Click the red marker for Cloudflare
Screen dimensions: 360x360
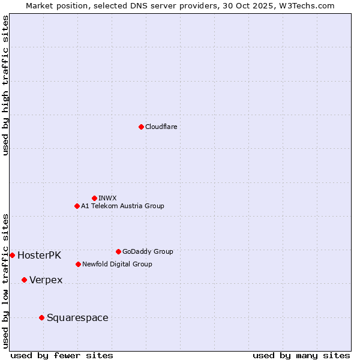click(141, 127)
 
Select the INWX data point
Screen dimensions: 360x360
click(94, 198)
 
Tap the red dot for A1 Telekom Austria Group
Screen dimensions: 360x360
click(77, 206)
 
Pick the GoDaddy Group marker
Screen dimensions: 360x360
click(118, 251)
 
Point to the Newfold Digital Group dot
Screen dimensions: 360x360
click(78, 264)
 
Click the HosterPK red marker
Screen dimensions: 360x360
click(12, 255)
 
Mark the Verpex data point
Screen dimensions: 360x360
click(24, 280)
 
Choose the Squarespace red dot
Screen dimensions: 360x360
click(41, 317)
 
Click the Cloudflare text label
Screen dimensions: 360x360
click(161, 127)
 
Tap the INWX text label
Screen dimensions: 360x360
click(107, 198)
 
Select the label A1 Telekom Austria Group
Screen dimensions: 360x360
click(122, 206)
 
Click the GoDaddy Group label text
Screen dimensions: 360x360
click(148, 251)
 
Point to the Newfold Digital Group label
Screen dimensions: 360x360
click(117, 264)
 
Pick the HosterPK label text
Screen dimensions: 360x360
click(39, 255)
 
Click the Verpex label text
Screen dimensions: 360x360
click(46, 280)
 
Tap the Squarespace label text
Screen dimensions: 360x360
click(77, 318)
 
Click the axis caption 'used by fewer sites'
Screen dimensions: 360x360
click(62, 355)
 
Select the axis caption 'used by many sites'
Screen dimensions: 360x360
click(301, 355)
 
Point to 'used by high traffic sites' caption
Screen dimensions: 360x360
click(5, 85)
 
